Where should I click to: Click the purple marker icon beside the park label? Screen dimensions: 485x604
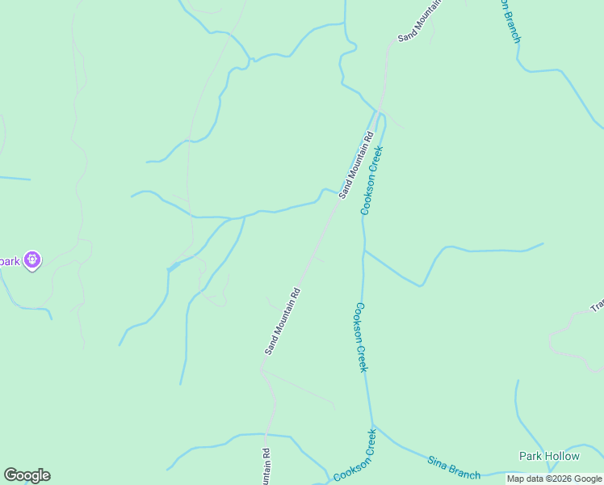tap(32, 260)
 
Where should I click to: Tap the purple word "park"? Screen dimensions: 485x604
tap(9, 260)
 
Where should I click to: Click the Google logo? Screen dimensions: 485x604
tap(27, 475)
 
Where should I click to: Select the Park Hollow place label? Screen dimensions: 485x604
tap(549, 456)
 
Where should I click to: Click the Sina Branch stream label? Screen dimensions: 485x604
tap(453, 468)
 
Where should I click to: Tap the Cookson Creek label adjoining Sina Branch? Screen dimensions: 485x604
tap(355, 456)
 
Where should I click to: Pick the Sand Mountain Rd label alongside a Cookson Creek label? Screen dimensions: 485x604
tap(356, 166)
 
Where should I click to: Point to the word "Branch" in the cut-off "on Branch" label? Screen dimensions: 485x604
tap(511, 27)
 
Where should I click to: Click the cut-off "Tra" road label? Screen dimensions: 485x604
tap(597, 306)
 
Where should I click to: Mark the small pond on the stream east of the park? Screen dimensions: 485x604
tap(173, 266)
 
